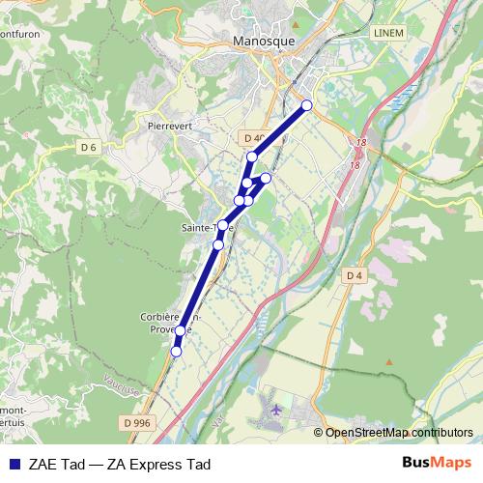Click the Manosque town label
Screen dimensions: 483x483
point(265,42)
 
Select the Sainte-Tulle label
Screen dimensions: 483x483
point(205,228)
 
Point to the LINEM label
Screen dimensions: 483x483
point(387,33)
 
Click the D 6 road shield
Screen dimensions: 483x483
point(89,147)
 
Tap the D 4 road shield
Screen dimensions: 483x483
point(354,275)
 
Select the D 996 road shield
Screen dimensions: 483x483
point(137,422)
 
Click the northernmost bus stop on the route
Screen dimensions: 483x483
point(307,105)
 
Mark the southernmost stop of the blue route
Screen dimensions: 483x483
point(176,352)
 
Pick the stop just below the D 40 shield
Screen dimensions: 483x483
point(252,156)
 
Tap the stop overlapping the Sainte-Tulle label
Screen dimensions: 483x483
point(222,226)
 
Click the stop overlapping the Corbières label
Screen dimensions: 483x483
point(180,331)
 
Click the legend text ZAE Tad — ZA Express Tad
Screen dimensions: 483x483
point(121,464)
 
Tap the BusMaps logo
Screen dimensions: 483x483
point(436,463)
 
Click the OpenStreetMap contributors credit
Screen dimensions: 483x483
point(399,433)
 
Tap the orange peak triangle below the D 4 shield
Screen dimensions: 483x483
point(389,361)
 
